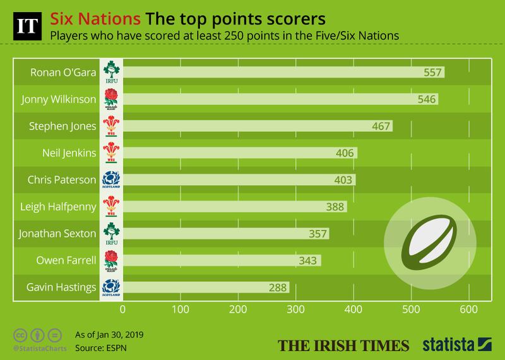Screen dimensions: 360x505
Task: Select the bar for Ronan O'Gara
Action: click(x=283, y=73)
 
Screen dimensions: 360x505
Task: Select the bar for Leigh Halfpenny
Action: click(x=234, y=207)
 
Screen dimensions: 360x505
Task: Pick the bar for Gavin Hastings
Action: click(x=205, y=287)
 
